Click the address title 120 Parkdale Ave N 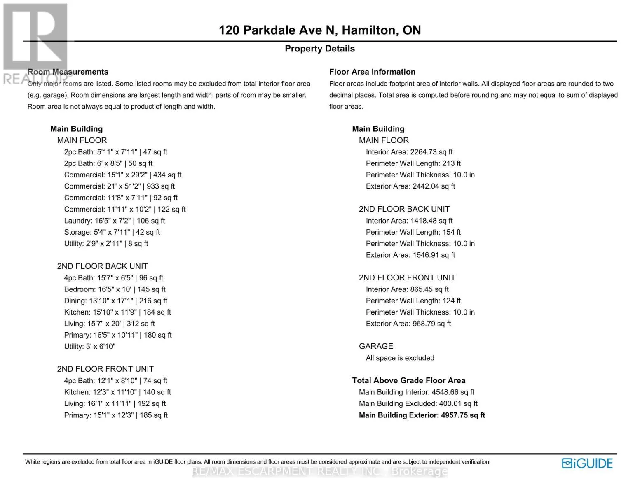tap(319, 30)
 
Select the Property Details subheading tap(319, 49)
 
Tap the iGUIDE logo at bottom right tap(587, 464)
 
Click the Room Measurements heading tap(68, 72)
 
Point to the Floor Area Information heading tap(372, 72)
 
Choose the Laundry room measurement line tap(114, 221)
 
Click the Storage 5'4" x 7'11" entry tap(112, 232)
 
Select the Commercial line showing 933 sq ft tap(119, 186)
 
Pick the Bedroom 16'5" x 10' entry tap(115, 289)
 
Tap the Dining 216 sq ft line tap(115, 301)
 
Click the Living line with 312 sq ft tap(109, 324)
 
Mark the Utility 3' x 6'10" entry tap(89, 347)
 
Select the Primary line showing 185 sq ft tap(116, 415)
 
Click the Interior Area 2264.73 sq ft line tap(409, 152)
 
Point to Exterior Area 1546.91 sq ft tap(410, 255)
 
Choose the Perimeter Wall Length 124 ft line tap(413, 301)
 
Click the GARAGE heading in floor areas tap(376, 346)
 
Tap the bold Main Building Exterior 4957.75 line tap(422, 415)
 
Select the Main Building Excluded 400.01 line tap(418, 404)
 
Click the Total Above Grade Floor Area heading tap(408, 381)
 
